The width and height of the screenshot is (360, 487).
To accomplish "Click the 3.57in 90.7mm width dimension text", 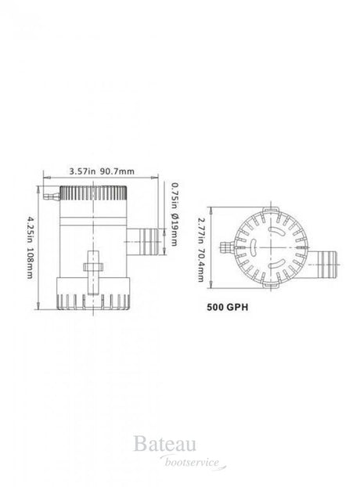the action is tap(102, 171).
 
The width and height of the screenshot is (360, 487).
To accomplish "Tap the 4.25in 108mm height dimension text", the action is tap(30, 247).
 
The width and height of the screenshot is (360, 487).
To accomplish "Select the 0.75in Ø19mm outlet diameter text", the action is tap(175, 214).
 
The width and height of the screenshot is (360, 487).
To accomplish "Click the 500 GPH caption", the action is tap(228, 307).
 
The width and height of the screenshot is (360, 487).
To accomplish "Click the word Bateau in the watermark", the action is tap(165, 443).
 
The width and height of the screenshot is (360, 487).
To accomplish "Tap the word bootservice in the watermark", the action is tap(192, 463).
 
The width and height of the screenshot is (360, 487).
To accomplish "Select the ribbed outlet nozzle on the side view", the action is tap(146, 242).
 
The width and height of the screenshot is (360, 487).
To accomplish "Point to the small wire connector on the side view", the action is tap(52, 197).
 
